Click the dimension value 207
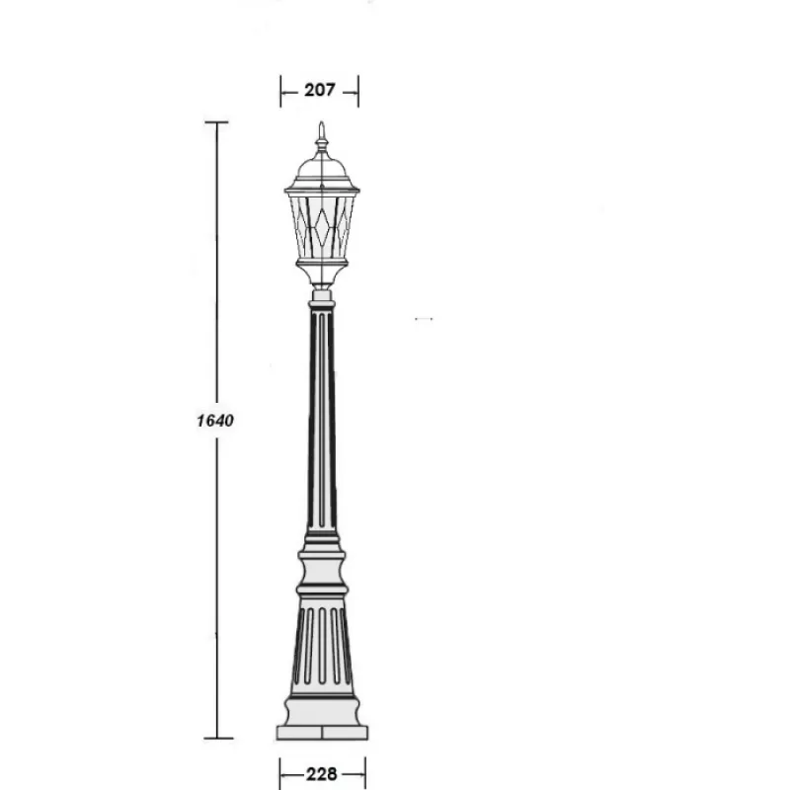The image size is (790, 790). click(x=319, y=90)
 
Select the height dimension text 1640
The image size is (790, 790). click(x=215, y=421)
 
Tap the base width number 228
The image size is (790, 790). click(x=322, y=773)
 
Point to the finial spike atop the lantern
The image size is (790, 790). click(x=322, y=135)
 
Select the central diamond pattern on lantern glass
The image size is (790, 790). click(x=322, y=227)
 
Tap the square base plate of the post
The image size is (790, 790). click(x=322, y=733)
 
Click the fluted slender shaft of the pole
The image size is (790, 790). click(x=322, y=419)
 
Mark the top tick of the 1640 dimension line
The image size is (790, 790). click(x=216, y=121)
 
